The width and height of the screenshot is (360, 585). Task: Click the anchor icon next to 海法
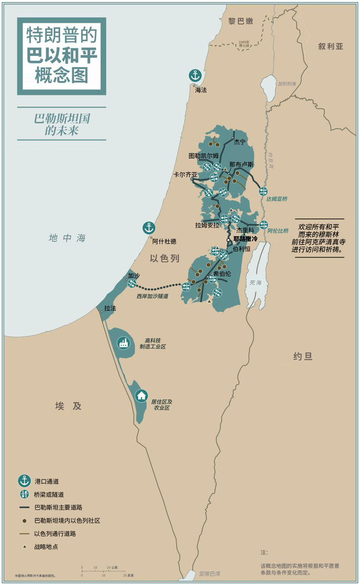(x=194, y=76)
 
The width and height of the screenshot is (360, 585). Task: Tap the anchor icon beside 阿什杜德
(x=149, y=228)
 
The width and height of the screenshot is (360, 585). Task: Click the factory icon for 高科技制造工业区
(x=123, y=343)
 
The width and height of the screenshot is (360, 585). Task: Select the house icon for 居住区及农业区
(x=141, y=396)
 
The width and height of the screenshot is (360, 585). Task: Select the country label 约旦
(x=303, y=356)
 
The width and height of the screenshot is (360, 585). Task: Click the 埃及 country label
(x=68, y=406)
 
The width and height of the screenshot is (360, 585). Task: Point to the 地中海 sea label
(x=67, y=238)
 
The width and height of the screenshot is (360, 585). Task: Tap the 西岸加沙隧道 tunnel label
(x=152, y=296)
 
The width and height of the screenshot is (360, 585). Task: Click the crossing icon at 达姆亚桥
(x=263, y=191)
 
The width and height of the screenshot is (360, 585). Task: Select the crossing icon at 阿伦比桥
(x=264, y=225)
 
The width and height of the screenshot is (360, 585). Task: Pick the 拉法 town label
(x=110, y=308)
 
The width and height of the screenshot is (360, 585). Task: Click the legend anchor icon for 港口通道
(x=24, y=481)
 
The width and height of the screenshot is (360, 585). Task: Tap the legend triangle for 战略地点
(x=24, y=546)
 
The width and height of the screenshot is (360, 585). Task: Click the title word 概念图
(x=61, y=75)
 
